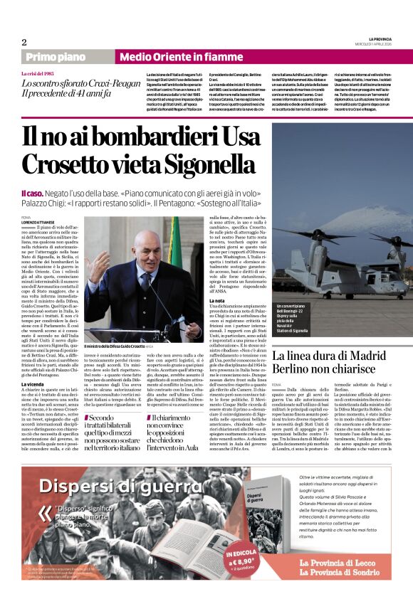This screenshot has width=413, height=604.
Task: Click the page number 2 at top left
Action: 23,42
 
